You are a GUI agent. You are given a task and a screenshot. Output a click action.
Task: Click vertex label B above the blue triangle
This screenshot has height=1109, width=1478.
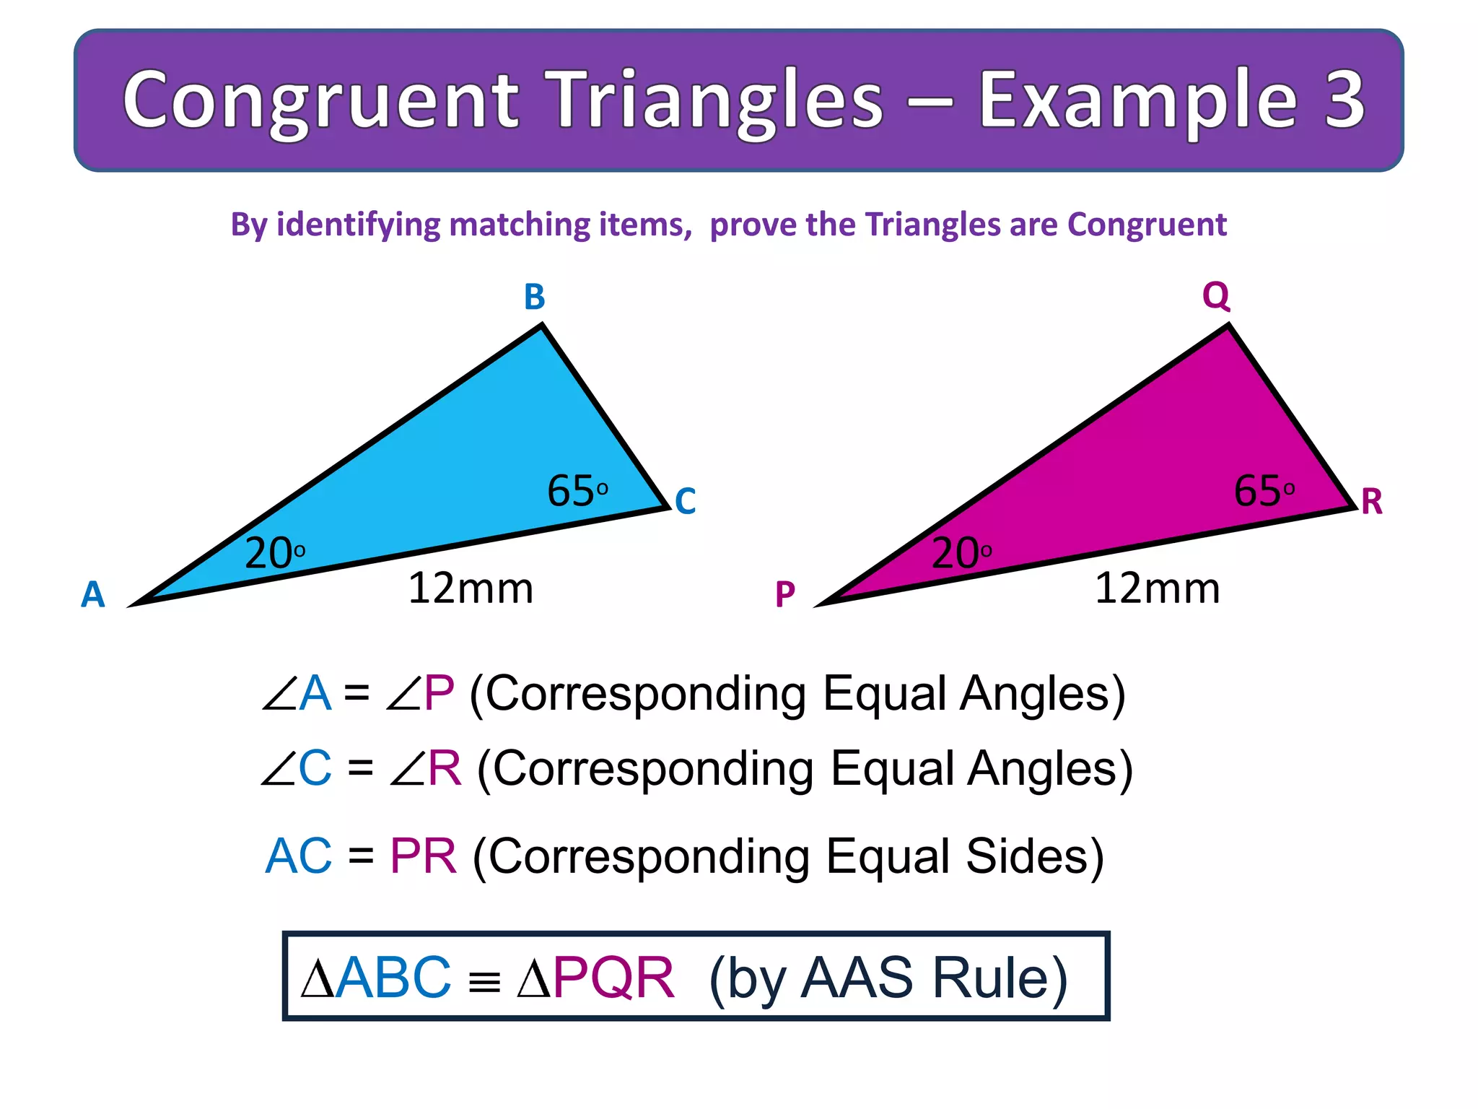(534, 297)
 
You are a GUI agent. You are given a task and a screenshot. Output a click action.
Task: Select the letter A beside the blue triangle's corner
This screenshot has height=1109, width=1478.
(92, 595)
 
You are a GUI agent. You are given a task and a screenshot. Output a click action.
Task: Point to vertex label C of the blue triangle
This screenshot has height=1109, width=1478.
(685, 501)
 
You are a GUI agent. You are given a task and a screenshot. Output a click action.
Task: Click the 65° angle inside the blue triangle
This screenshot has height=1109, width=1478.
(577, 491)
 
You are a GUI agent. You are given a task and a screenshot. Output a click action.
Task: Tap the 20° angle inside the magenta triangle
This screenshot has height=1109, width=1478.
(961, 554)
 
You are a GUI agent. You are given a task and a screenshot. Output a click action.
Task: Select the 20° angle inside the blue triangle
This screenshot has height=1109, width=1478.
(274, 554)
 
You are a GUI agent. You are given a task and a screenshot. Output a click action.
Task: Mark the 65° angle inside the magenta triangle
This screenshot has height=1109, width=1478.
(1264, 491)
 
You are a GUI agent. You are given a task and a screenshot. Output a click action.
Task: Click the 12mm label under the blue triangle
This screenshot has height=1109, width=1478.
(471, 588)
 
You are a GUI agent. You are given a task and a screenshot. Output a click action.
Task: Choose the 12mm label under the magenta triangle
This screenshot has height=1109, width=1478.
(1157, 588)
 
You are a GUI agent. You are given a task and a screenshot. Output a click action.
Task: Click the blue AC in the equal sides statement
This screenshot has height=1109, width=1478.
(298, 856)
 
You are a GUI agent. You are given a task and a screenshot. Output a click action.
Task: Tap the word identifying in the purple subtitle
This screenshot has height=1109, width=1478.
(358, 225)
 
